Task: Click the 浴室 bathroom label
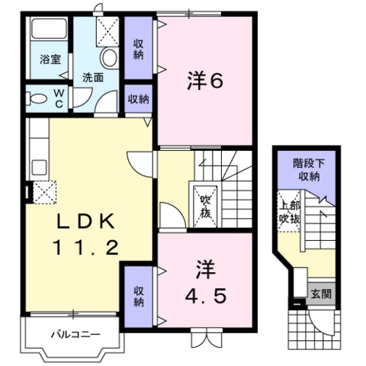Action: coord(50,59)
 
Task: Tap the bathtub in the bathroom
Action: coord(49,28)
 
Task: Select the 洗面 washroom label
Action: coord(93,78)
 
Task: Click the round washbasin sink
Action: coord(110,57)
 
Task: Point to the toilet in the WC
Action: coord(37,98)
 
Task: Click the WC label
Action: coord(59,98)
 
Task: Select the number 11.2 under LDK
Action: coord(85,248)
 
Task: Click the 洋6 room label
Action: coord(205,82)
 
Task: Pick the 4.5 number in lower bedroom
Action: coord(205,295)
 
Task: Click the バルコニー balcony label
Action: coord(75,335)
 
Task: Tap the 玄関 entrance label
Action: coord(321,294)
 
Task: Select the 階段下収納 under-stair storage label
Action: coord(309,169)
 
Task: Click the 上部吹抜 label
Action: coord(290,212)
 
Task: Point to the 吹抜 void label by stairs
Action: coord(205,206)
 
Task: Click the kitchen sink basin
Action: coord(40,168)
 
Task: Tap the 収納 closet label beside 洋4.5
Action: coord(139,296)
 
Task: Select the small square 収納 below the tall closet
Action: coord(139,99)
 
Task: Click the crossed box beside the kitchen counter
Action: coord(44,192)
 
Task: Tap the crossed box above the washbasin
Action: coord(108,31)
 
